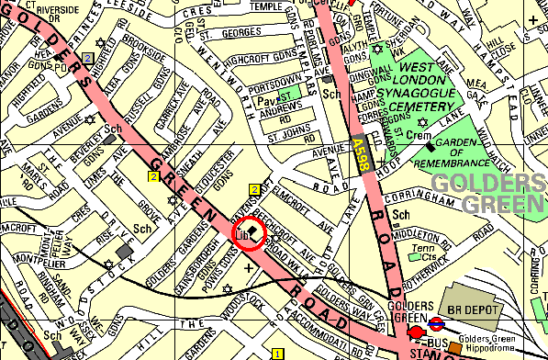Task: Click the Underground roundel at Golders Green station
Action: (x=438, y=322)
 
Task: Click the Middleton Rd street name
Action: (x=419, y=233)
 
